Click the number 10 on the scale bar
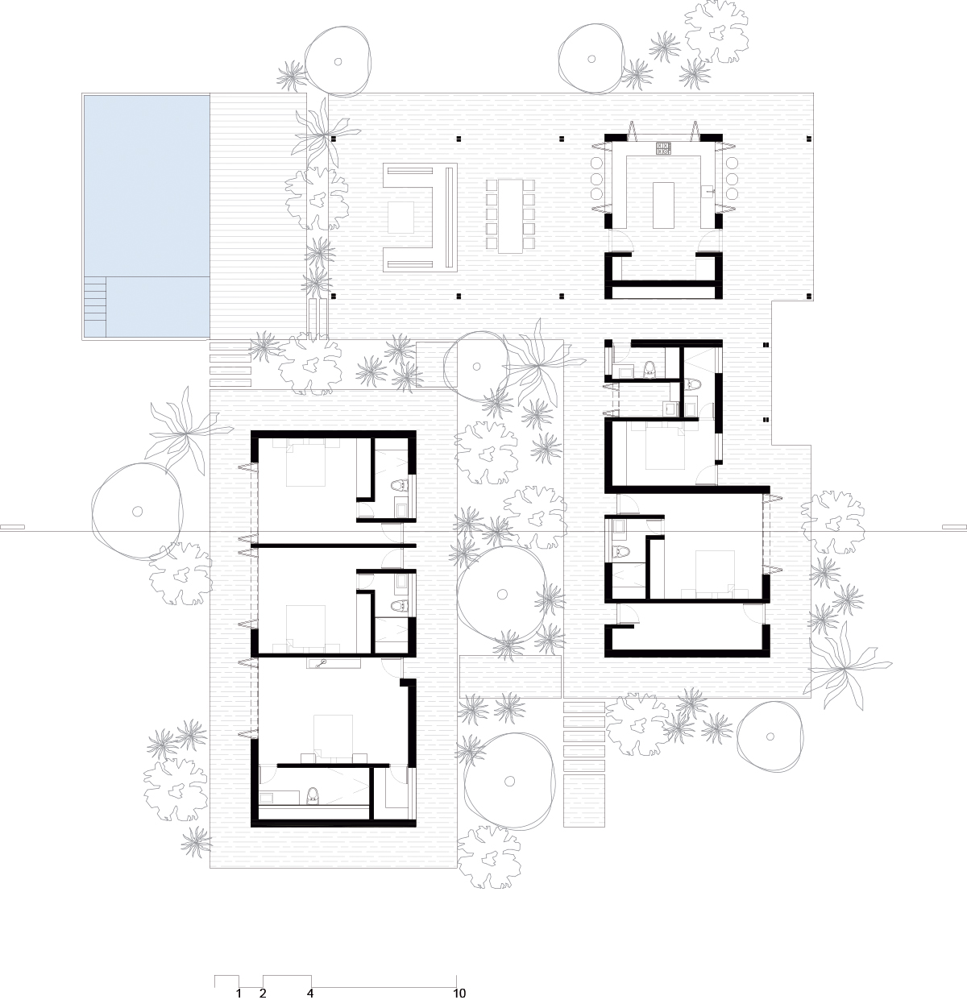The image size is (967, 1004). coord(459,994)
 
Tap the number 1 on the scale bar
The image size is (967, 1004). coord(239,994)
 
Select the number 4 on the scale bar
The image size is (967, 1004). coord(310,994)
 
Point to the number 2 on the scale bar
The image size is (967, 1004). coord(263,994)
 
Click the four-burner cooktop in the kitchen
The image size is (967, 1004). coord(663,148)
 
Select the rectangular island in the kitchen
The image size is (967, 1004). coord(663,205)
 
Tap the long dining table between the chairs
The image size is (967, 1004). coord(510,216)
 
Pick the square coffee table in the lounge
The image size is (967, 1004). coord(401,218)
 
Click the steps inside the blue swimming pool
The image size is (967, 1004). coord(95,305)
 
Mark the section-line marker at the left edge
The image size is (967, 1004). coord(12,527)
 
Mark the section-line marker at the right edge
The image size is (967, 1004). coord(955,527)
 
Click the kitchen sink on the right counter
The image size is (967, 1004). coord(711,190)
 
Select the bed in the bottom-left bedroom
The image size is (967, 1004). coord(334,736)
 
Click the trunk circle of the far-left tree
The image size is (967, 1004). coord(137,512)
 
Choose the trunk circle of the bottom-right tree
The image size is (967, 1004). coord(770,736)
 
